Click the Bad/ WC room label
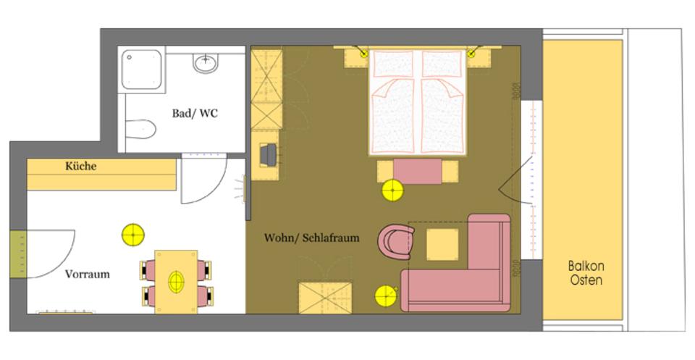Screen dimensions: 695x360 pyautogui.click(x=195, y=114)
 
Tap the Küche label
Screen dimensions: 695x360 pyautogui.click(x=80, y=167)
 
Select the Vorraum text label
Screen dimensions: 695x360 pyautogui.click(x=88, y=274)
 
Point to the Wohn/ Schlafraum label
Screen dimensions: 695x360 pyautogui.click(x=311, y=238)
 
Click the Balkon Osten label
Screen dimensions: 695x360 pyautogui.click(x=586, y=273)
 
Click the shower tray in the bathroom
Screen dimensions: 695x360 pyautogui.click(x=141, y=70)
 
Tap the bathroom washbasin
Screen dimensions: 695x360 pyautogui.click(x=206, y=63)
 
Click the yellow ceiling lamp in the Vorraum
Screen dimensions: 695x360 pyautogui.click(x=134, y=235)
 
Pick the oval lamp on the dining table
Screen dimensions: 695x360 pyautogui.click(x=177, y=282)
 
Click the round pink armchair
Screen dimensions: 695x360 pyautogui.click(x=396, y=242)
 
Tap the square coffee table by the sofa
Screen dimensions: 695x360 pyautogui.click(x=442, y=244)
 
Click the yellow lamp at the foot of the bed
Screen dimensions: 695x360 pyautogui.click(x=392, y=191)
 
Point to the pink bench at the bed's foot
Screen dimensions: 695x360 pyautogui.click(x=418, y=171)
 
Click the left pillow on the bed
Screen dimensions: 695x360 pyautogui.click(x=393, y=64)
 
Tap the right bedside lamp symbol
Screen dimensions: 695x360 pyautogui.click(x=471, y=54)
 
